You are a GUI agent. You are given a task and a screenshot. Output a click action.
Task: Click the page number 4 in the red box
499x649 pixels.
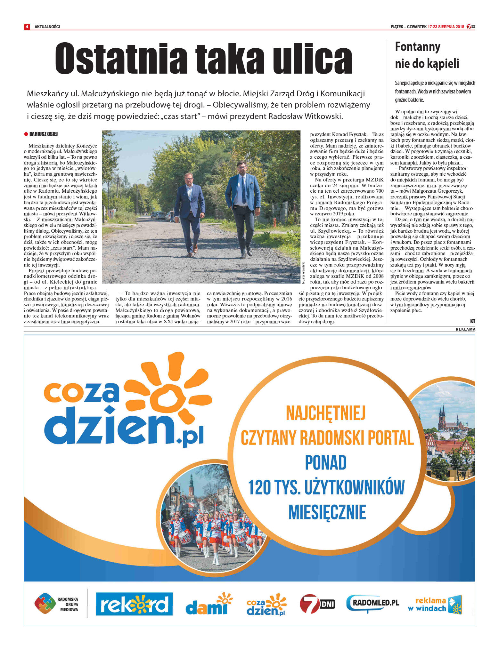point(27,27)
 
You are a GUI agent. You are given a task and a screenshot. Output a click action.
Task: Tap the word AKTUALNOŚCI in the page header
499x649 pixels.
point(47,27)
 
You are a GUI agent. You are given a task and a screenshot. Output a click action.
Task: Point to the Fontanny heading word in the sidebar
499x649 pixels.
point(417,47)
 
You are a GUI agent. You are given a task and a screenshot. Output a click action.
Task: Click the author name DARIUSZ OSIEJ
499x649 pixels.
point(44,134)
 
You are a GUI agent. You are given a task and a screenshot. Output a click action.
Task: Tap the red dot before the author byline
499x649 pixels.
point(26,134)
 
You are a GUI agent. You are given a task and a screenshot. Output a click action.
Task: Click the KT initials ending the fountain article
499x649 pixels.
point(472,321)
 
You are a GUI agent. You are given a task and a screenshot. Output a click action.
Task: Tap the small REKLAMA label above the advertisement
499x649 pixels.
point(465,329)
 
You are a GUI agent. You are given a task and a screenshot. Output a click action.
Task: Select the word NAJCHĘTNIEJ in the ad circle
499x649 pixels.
point(326,413)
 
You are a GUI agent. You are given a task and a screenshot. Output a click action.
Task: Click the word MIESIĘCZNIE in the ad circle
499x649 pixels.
point(327,512)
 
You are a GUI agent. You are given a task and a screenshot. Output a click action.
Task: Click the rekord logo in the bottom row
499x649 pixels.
point(134,604)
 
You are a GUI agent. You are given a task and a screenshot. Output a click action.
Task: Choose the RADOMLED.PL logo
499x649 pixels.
point(373,603)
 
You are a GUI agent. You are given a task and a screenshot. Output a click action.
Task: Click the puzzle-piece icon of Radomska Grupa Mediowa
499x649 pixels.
point(45,604)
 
